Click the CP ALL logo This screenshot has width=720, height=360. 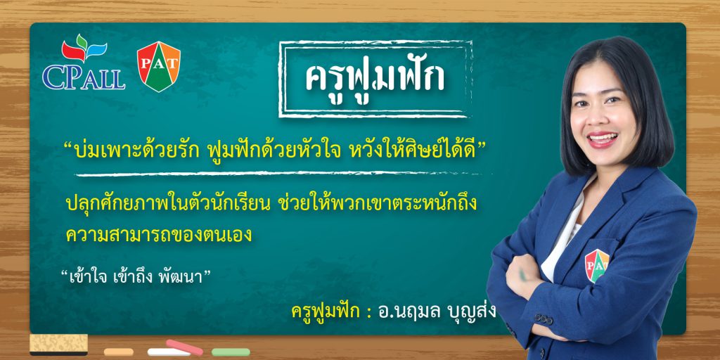click(x=84, y=62)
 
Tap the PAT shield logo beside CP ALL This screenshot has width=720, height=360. click(x=159, y=66)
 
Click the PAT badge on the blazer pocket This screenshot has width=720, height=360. click(x=596, y=265)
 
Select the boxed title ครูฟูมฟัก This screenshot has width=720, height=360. click(x=375, y=78)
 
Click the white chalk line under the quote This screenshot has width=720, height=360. click(x=277, y=174)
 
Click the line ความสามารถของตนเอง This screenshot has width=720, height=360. click(x=159, y=235)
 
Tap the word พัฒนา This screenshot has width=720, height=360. click(x=179, y=278)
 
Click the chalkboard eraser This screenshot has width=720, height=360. click(x=59, y=345)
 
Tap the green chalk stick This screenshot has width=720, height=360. click(x=231, y=352)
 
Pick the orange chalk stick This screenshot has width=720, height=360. click(x=118, y=352)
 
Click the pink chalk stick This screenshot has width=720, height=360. click(x=184, y=347)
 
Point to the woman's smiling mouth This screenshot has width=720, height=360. click(x=602, y=139)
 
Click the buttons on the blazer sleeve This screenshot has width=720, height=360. click(x=544, y=319)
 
